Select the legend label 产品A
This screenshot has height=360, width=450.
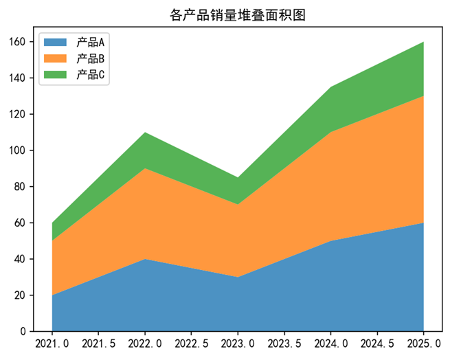tap(91, 43)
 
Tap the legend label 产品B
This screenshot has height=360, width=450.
tap(91, 59)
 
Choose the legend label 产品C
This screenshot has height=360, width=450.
tap(91, 75)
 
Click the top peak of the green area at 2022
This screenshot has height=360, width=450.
tap(145, 133)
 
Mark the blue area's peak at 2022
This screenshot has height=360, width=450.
tap(145, 259)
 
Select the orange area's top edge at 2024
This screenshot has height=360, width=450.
tap(330, 132)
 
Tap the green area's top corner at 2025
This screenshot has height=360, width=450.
tap(423, 42)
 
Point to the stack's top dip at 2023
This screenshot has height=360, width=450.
tap(238, 178)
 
